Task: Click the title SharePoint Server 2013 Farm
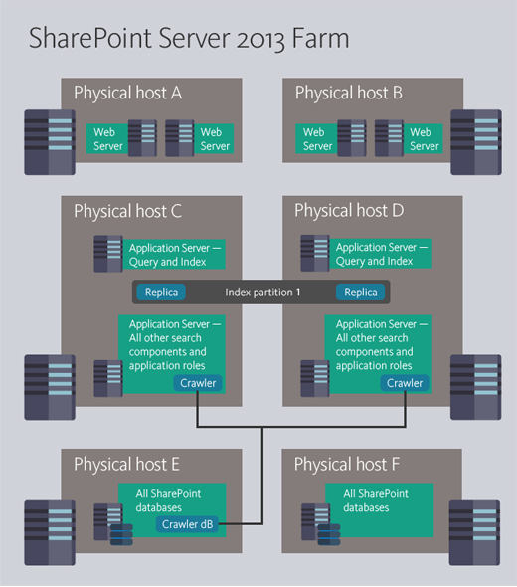[189, 39]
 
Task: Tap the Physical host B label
[348, 94]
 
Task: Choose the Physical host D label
[348, 211]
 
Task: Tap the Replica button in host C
[163, 293]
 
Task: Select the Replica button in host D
[361, 293]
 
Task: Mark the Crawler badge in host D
[405, 383]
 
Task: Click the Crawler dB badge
[191, 524]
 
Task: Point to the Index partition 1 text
[262, 293]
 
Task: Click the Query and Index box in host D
[375, 254]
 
